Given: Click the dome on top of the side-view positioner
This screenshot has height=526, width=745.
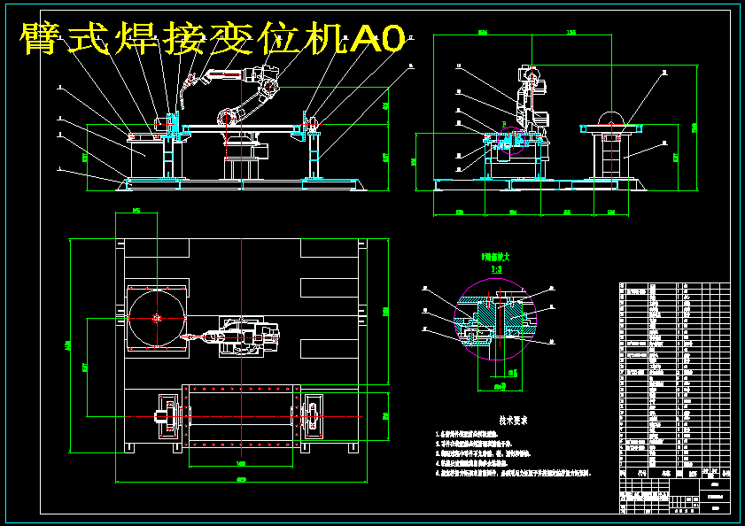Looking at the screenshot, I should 611,116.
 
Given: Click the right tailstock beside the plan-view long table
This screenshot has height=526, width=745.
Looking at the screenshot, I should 311,416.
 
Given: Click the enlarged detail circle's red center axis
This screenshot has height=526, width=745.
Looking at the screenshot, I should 500,319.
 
